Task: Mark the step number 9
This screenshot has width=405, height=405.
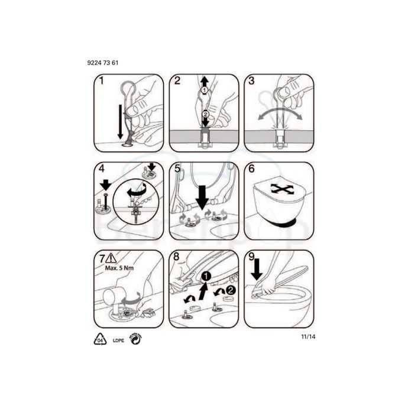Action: pos(252,257)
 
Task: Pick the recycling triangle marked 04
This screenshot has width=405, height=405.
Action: pos(101,340)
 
